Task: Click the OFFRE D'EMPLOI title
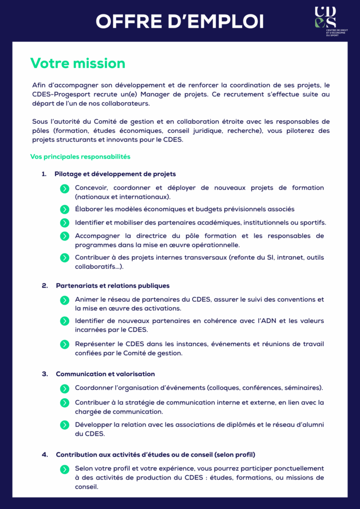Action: coord(180,21)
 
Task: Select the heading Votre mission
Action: coord(78,63)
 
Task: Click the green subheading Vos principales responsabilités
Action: coord(80,157)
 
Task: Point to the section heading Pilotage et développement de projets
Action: coord(115,174)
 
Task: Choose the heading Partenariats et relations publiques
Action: coord(112,286)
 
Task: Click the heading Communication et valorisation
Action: coord(105,374)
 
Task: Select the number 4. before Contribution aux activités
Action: coord(45,454)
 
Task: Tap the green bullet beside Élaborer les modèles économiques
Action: coord(65,210)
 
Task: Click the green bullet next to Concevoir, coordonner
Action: coord(65,188)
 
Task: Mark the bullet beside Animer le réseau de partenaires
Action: coord(65,300)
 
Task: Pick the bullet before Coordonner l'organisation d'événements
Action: coord(65,388)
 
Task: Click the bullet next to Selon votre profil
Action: coord(65,469)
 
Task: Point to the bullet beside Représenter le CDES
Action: coord(65,344)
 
